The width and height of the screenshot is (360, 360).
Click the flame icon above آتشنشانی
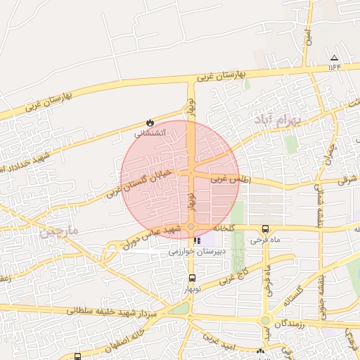coord(149,122)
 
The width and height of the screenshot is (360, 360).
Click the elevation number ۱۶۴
coord(334,67)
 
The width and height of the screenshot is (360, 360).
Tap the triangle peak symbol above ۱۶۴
coord(334,58)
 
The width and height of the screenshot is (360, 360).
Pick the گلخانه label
coord(218,229)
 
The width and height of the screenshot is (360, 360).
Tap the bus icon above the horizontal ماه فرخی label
coord(265,229)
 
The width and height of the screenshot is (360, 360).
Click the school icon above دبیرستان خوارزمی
coord(186,240)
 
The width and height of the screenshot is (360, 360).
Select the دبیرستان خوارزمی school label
coord(193,250)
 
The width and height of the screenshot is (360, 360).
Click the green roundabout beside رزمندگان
coord(266,321)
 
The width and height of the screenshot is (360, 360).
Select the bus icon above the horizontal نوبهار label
coord(193,278)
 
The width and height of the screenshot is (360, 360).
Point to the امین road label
coord(307,37)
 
